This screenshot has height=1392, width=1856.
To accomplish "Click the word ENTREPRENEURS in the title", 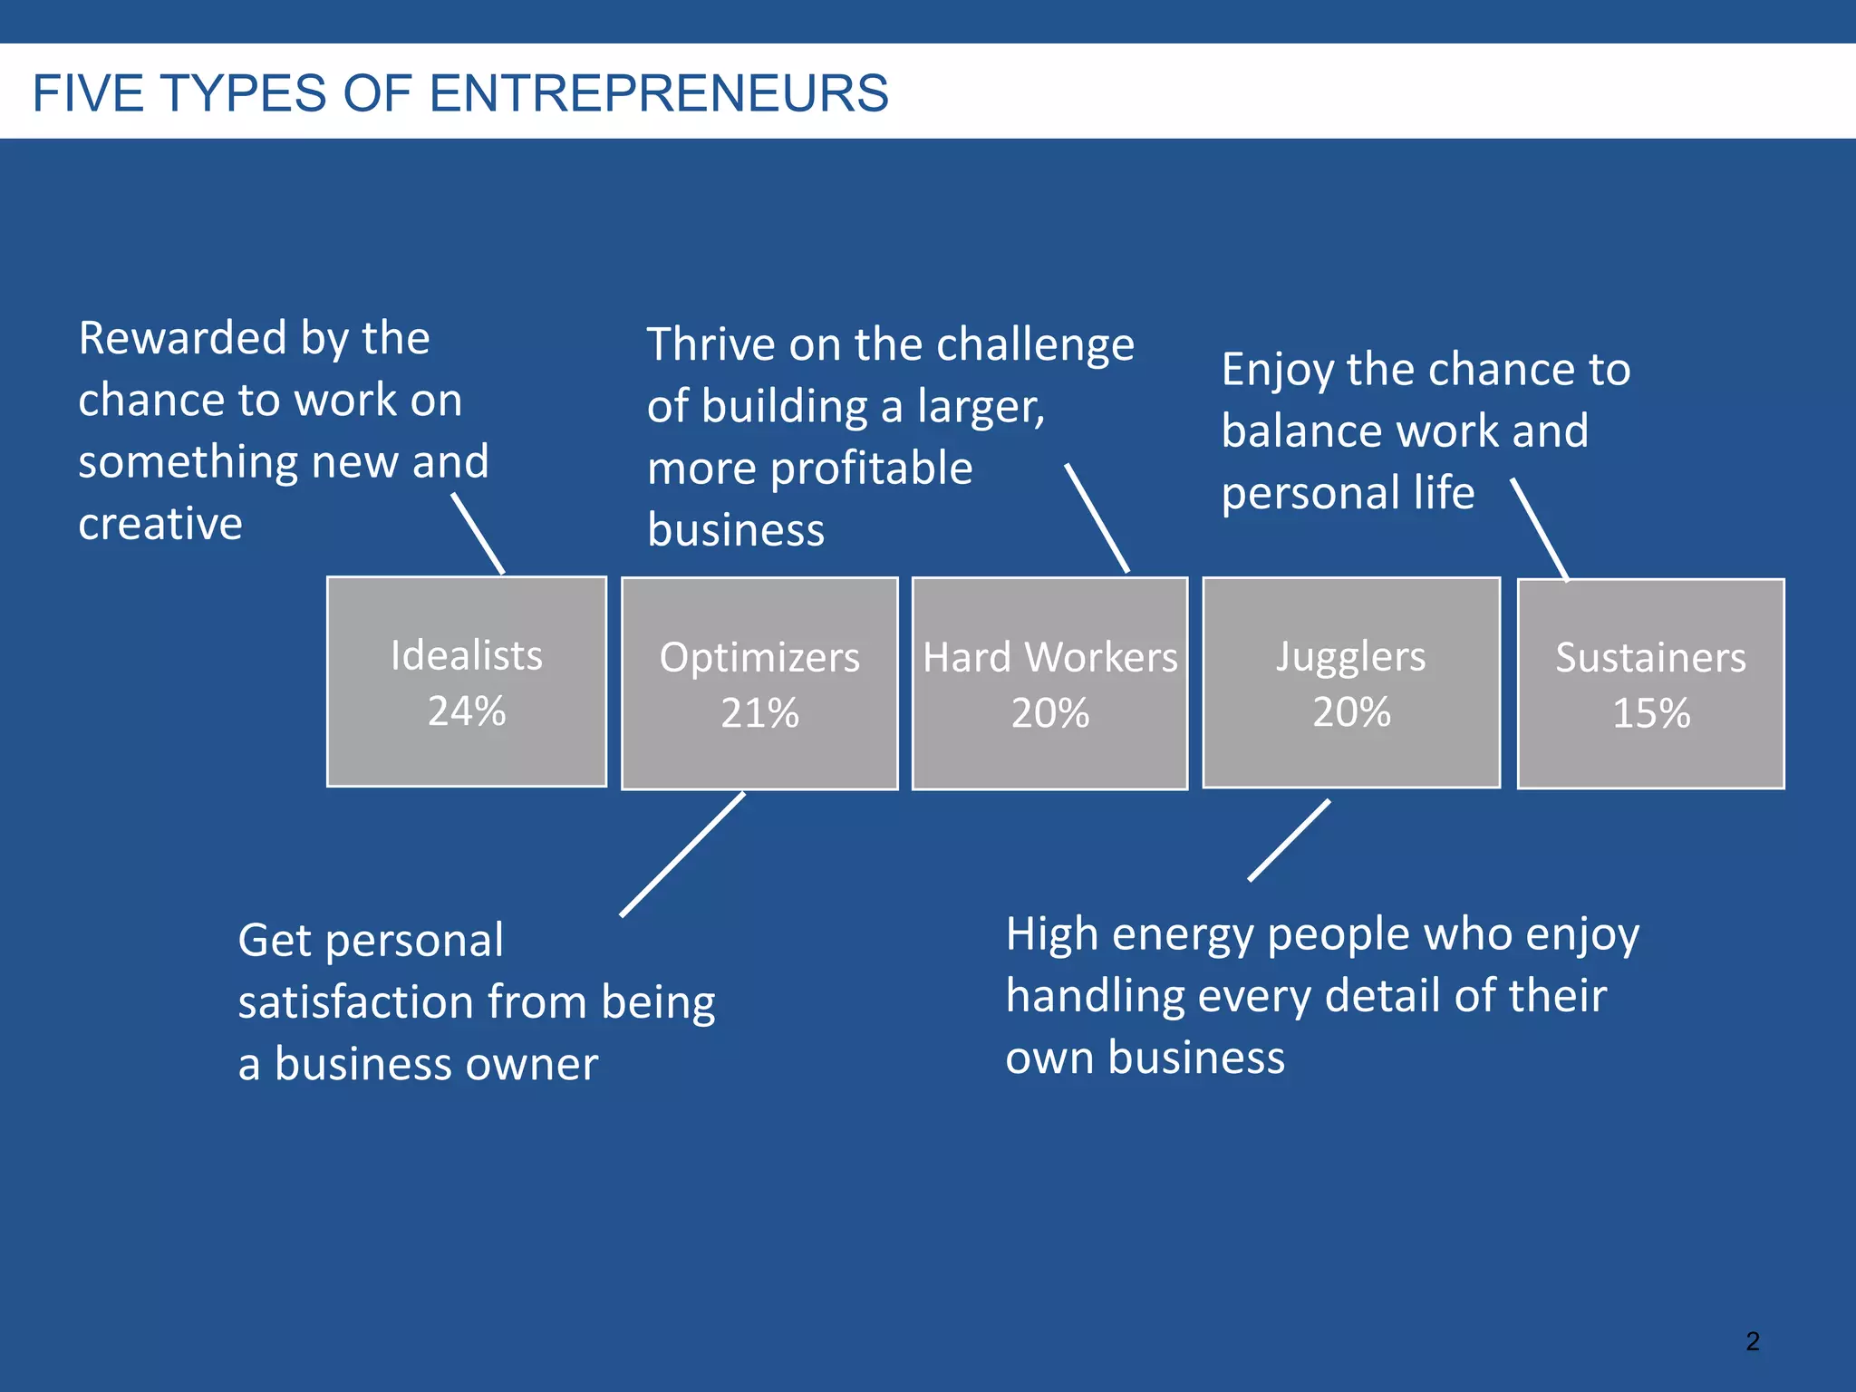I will point(659,93).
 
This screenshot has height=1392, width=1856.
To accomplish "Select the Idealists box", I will point(467,681).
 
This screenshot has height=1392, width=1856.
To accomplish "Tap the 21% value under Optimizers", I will point(759,713).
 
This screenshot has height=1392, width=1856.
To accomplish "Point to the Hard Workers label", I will point(1049,657).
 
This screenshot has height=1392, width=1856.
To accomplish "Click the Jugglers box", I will point(1351,682).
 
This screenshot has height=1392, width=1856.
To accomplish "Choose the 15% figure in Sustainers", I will point(1650,713).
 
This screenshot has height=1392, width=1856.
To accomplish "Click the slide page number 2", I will point(1753,1341).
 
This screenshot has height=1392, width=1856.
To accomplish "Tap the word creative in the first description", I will point(160,524).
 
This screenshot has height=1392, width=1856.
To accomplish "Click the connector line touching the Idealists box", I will point(478,534).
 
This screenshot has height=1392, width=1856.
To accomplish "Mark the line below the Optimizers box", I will point(682,855).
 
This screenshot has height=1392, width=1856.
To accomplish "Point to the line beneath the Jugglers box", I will point(1289,840).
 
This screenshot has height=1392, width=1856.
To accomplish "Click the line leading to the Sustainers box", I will point(1539,530).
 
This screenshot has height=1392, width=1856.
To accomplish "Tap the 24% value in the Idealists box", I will point(467,711).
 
